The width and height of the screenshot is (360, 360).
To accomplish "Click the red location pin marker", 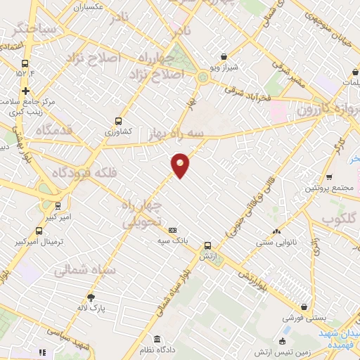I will point(181,165).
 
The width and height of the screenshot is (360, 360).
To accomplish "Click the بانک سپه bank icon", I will point(173,230).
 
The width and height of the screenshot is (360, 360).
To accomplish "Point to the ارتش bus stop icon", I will point(207,246).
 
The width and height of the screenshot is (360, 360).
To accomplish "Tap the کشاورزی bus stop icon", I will point(117,120).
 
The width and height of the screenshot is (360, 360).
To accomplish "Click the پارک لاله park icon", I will point(90,297).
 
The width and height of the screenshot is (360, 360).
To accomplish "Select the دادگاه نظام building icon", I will point(157,339).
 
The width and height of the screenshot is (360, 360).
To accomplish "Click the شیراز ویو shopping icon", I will point(224,56).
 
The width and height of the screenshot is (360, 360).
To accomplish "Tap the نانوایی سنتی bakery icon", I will point(276,231).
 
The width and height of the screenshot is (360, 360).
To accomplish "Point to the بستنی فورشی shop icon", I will point(304,307).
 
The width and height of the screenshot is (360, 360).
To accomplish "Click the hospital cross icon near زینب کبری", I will point(26,91).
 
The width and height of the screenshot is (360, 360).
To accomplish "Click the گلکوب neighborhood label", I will point(336,220).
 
